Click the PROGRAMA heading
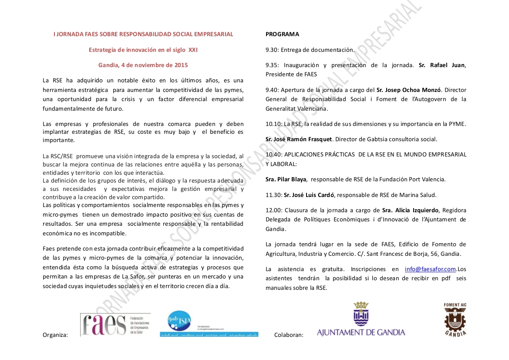[282, 34]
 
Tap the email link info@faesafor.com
[430, 269]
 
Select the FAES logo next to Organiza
[115, 325]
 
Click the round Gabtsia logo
[179, 322]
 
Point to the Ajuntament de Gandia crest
[361, 314]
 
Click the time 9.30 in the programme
[272, 50]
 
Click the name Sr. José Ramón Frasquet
[299, 139]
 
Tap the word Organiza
[55, 335]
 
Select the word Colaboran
[289, 335]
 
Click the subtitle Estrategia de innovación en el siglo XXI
[143, 50]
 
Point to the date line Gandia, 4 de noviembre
[143, 65]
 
